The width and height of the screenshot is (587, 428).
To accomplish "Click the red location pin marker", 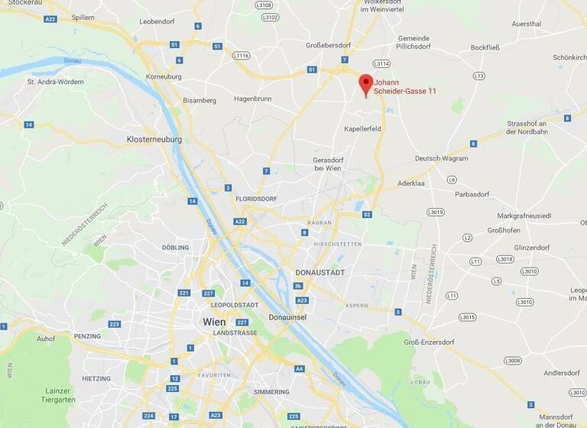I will tap(366, 84).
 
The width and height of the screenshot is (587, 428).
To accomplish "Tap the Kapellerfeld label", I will tap(362, 129).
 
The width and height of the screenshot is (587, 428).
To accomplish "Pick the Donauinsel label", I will tap(288, 316).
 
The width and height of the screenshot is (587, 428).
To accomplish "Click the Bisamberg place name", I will tap(199, 100).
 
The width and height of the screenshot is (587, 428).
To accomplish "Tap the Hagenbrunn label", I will tap(254, 99).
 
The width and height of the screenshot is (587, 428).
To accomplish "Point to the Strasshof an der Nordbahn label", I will tap(527, 128).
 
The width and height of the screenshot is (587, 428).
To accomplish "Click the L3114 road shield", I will tap(381, 63).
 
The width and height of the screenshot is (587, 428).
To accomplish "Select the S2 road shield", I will tap(367, 215).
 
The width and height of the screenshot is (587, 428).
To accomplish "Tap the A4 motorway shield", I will tap(299, 368).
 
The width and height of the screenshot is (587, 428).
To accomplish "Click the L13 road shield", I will tap(479, 76).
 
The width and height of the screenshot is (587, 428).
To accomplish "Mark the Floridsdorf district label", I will tap(255, 198).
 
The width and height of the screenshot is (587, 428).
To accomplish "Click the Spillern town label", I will tap(83, 17).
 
